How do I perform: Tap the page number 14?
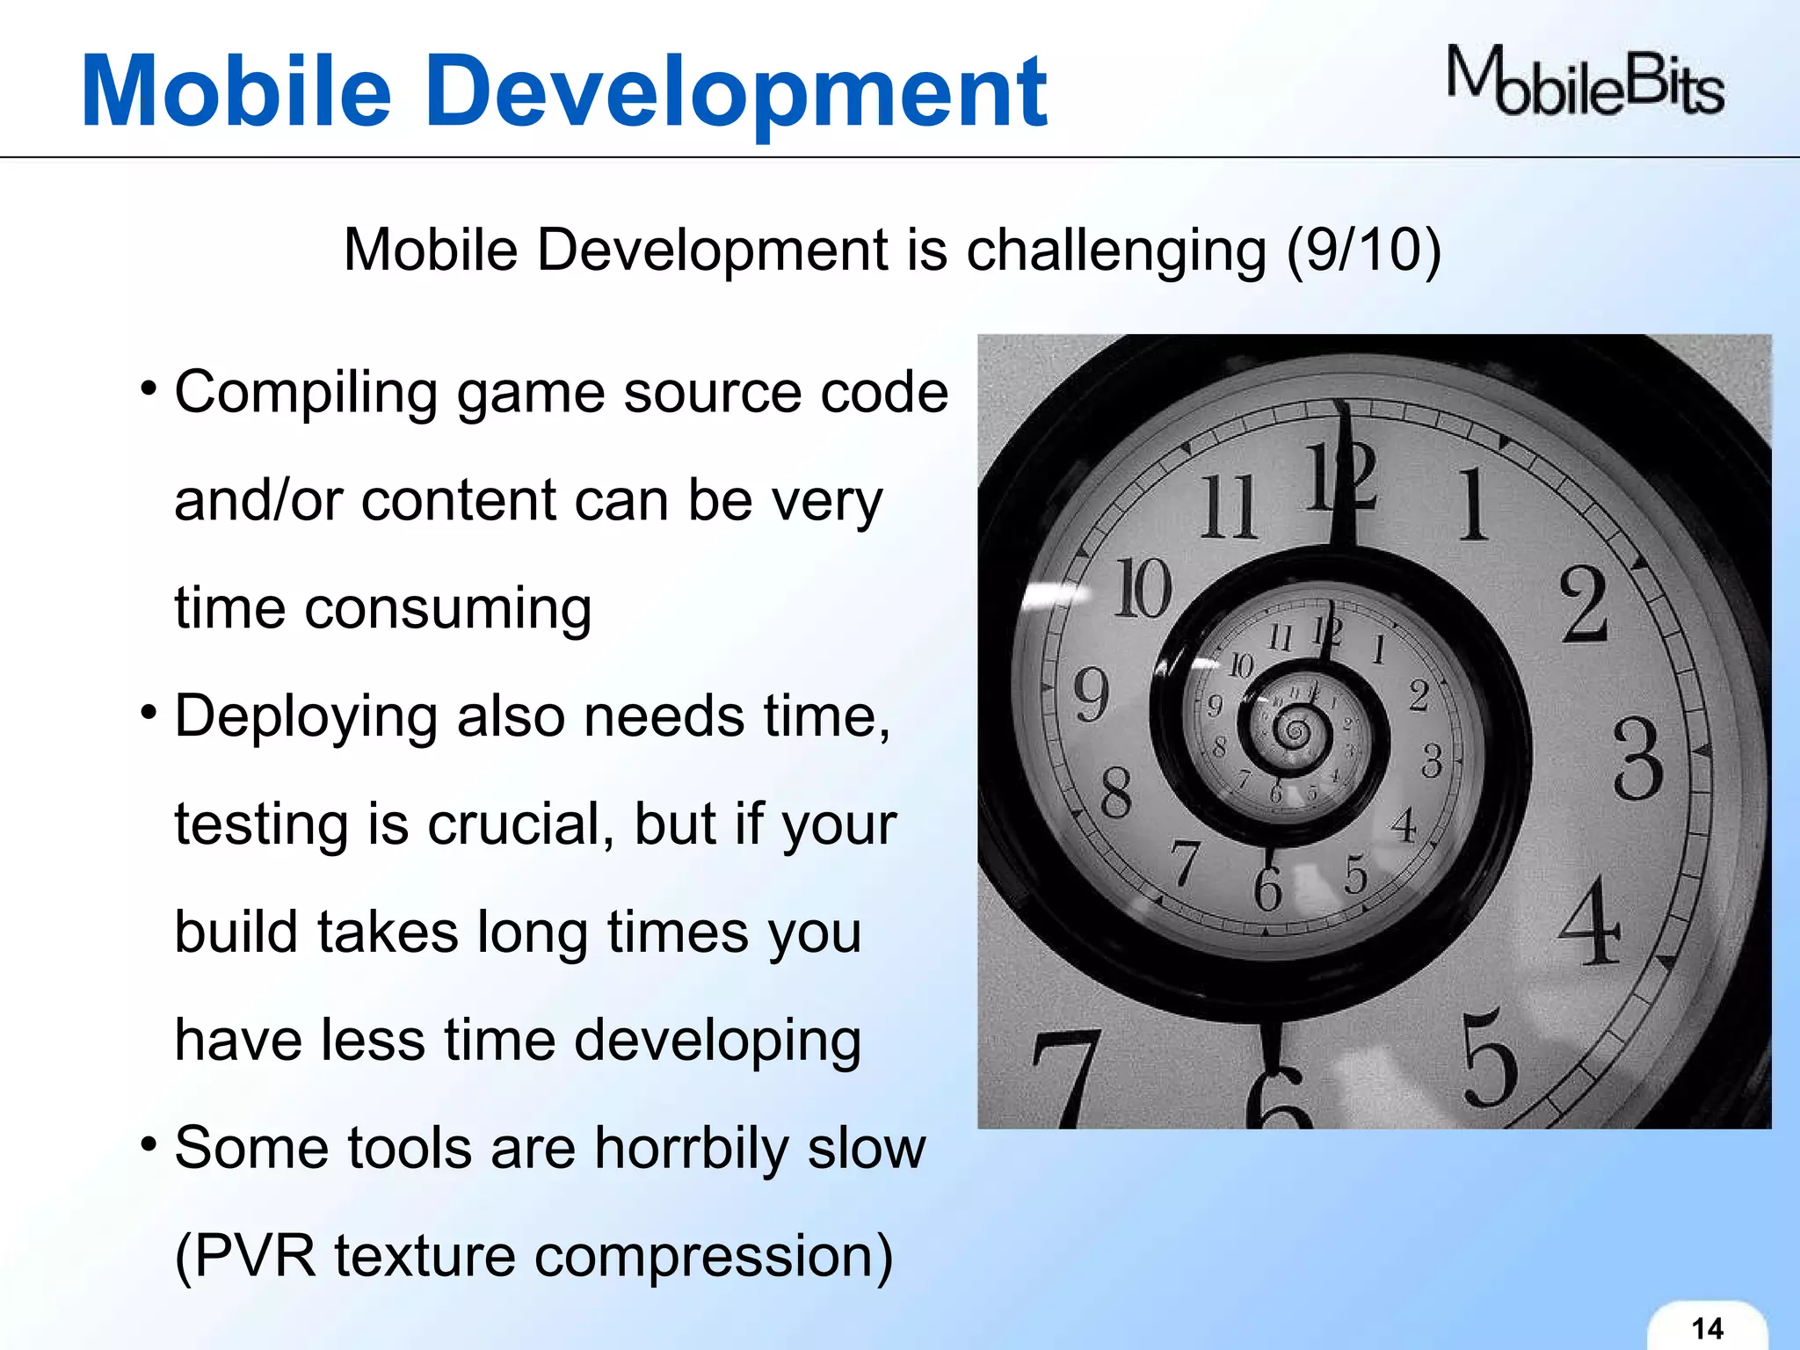1707,1328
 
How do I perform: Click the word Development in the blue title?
738,91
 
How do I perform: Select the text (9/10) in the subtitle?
1363,250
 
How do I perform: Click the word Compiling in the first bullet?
306,393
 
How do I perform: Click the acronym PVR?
255,1256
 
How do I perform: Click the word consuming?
447,609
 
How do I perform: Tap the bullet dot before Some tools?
149,1144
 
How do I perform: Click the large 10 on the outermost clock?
1143,588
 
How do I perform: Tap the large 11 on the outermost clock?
1228,507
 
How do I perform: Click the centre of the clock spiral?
1292,729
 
